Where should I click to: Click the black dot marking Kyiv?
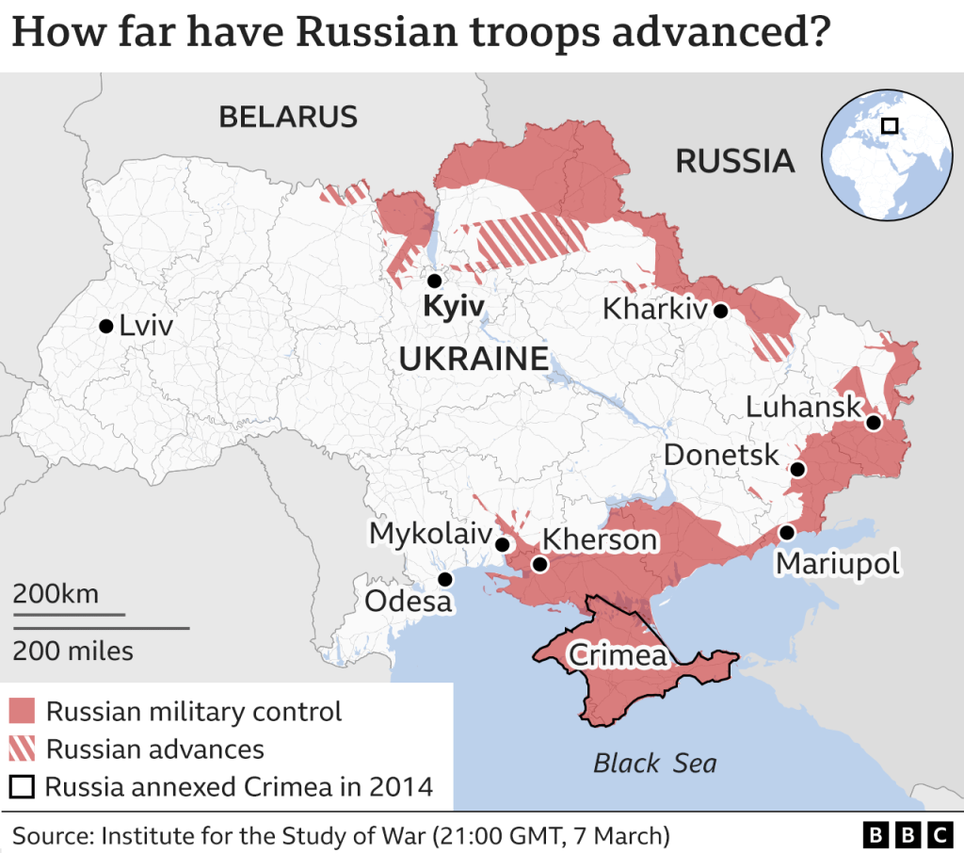pyautogui.click(x=434, y=281)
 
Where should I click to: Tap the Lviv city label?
pyautogui.click(x=146, y=327)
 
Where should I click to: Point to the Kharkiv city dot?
pyautogui.click(x=720, y=311)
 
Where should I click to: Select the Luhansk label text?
pyautogui.click(x=803, y=407)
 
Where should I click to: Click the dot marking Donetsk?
pyautogui.click(x=797, y=469)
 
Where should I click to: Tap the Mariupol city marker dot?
pyautogui.click(x=786, y=533)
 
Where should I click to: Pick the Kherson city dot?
pyautogui.click(x=539, y=565)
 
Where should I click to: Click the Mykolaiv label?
pyautogui.click(x=430, y=534)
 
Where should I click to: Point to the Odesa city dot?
pyautogui.click(x=444, y=579)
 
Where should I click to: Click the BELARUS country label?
pyautogui.click(x=288, y=117)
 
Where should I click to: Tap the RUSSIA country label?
pyautogui.click(x=735, y=161)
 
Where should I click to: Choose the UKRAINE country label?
pyautogui.click(x=474, y=359)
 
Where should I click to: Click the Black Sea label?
pyautogui.click(x=654, y=763)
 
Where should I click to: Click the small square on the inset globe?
pyautogui.click(x=889, y=125)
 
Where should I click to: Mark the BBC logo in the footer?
pyautogui.click(x=908, y=834)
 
